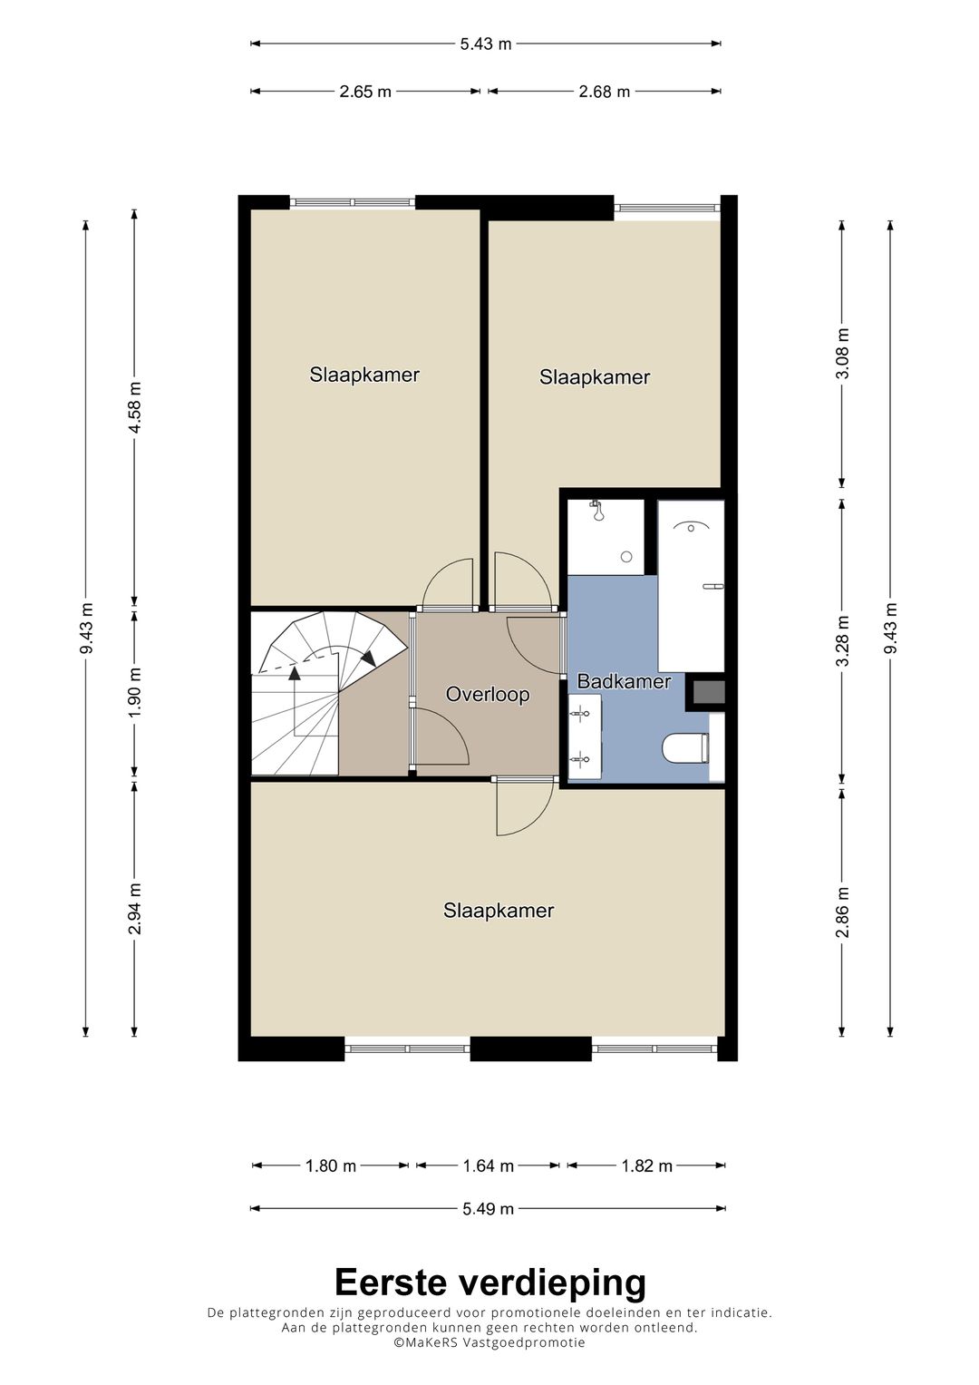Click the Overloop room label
pos(488,695)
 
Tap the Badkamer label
pos(624,681)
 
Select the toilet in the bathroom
pos(684,747)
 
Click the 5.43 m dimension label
pos(486,44)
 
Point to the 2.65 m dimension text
pos(365,92)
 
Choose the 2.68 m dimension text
pos(604,92)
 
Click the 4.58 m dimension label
pos(135,407)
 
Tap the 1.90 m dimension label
pos(135,692)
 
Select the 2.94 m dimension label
pos(135,908)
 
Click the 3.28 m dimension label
pos(843,640)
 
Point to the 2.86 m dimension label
pos(843,912)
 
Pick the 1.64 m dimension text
pos(489,1166)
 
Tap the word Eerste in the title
pos(390,1283)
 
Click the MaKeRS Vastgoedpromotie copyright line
pos(489,1342)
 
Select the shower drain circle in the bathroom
pos(626,557)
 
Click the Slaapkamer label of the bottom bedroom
pos(499,910)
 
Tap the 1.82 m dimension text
pos(646,1166)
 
